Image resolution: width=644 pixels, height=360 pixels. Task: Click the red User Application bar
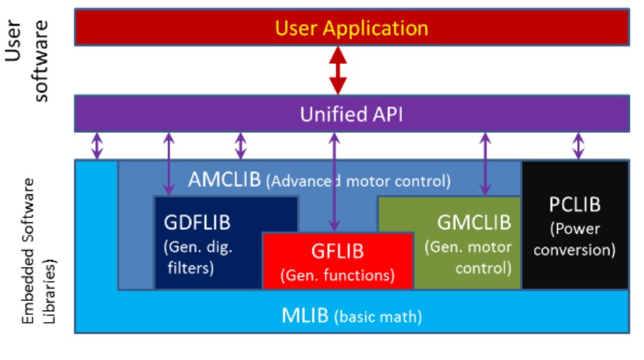(352, 29)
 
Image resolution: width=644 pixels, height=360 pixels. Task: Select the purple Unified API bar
(352, 114)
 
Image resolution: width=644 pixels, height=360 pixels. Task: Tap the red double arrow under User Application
(337, 70)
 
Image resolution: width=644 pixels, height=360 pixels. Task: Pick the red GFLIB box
(338, 261)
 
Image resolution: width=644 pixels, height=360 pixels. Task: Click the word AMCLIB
(224, 180)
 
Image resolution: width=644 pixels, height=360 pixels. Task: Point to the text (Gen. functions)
(338, 274)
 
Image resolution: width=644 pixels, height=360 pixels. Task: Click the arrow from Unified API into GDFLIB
(169, 163)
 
